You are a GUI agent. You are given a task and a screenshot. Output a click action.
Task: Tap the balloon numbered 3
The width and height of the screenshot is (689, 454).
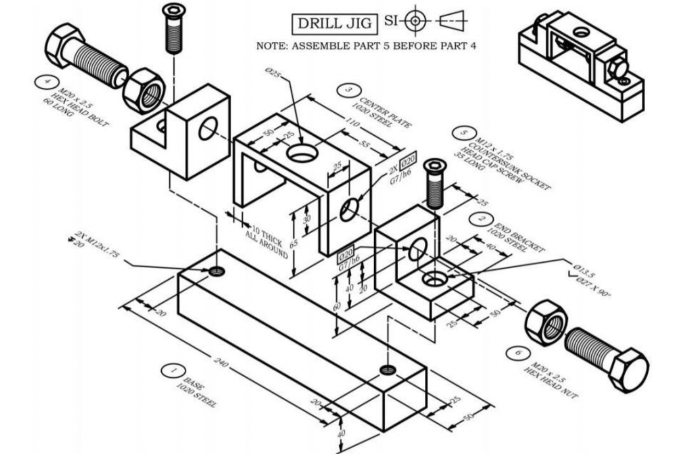(346, 90)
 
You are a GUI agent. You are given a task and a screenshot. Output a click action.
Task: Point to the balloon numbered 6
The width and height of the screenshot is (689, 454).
(518, 353)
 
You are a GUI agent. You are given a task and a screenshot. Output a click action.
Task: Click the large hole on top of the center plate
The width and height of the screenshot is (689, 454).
(302, 152)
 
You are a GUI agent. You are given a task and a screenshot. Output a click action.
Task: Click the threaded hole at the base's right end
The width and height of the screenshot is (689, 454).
(387, 369)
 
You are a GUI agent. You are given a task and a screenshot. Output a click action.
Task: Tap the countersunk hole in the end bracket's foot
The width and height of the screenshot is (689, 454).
(434, 279)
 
